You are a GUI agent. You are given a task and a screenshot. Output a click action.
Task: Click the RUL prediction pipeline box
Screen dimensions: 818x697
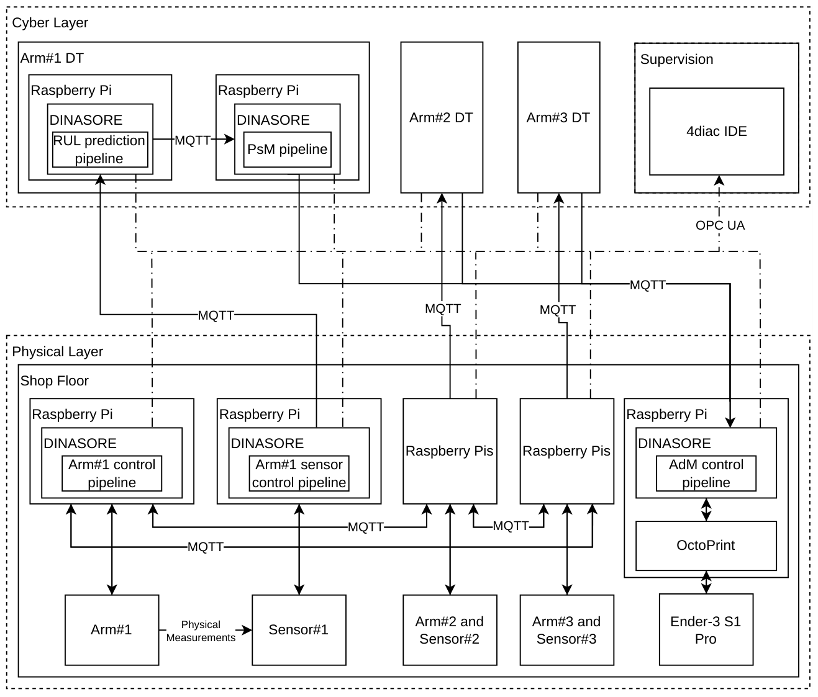100,150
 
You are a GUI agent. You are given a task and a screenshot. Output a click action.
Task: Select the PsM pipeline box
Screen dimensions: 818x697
288,150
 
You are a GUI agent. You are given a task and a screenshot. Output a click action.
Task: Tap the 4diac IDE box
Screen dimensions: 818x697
717,132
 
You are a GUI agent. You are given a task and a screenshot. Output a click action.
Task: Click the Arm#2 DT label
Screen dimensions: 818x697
441,117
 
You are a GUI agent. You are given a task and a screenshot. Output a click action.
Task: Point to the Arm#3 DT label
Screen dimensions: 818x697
558,117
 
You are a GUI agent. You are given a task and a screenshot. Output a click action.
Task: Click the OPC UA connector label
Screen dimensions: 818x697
720,225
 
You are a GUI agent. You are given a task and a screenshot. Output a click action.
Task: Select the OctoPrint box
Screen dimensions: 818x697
706,546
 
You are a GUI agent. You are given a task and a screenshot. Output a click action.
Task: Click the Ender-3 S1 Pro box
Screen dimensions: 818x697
706,630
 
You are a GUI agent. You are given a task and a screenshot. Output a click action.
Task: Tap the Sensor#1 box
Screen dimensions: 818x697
299,630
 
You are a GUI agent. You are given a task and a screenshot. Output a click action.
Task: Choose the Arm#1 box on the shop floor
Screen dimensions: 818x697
112,630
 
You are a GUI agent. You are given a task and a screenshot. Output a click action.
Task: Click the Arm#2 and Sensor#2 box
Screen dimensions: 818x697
450,630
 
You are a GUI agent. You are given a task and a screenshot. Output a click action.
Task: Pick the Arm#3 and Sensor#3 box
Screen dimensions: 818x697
566,630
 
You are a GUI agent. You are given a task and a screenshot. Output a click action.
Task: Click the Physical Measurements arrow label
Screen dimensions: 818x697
201,631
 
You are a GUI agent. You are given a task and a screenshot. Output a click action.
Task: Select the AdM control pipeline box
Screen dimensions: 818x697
706,474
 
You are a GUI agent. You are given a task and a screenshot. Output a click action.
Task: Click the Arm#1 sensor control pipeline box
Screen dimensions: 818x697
299,474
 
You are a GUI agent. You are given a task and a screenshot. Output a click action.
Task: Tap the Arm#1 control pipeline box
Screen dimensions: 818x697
112,474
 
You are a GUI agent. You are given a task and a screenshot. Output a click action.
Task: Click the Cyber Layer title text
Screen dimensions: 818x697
50,23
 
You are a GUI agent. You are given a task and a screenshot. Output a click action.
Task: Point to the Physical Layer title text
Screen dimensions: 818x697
57,352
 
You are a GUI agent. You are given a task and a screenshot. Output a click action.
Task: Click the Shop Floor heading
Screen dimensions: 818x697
54,380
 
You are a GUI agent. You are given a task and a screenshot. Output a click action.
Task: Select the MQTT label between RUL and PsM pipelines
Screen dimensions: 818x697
193,140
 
